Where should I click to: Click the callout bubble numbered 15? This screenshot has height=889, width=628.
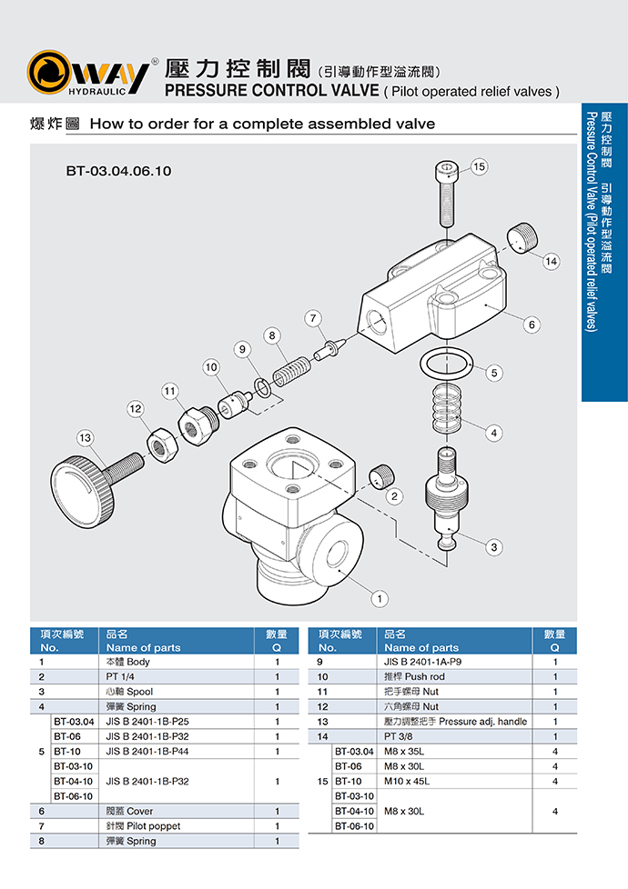pyautogui.click(x=480, y=166)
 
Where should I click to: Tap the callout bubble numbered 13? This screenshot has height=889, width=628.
pyautogui.click(x=86, y=438)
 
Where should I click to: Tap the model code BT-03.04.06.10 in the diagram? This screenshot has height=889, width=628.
pyautogui.click(x=118, y=170)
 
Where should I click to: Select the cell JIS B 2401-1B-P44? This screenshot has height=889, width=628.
pyautogui.click(x=147, y=751)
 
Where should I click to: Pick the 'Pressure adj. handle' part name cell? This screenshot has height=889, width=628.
pyautogui.click(x=455, y=721)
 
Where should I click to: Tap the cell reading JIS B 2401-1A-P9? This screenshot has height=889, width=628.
pyautogui.click(x=423, y=662)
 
